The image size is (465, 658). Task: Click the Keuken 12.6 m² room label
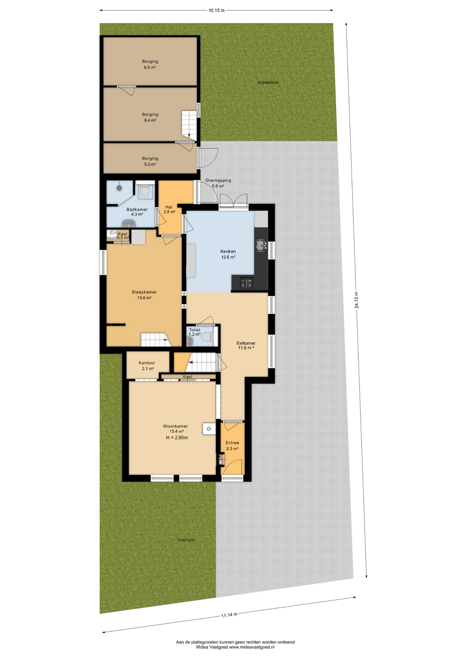pos(228,254)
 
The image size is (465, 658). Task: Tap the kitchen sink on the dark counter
pos(261,245)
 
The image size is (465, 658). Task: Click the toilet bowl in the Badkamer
pos(145,192)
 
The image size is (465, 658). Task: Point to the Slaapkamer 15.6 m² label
pos(144,295)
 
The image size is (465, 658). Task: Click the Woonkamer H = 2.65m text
pos(177,438)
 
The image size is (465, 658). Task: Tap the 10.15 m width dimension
pos(216,10)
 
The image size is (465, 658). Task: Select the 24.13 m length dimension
pos(356,300)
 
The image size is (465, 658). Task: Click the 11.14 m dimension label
pos(229,614)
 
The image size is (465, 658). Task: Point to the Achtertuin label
pos(268,83)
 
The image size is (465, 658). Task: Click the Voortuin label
pos(186,540)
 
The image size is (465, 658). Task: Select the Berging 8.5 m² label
pos(150,64)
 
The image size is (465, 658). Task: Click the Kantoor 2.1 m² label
pos(147,366)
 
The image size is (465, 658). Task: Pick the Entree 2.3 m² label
pos(232,446)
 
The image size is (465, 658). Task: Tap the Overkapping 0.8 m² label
pos(218,183)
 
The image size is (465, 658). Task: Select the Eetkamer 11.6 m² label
pos(246,345)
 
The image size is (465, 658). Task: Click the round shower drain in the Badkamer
pos(119,188)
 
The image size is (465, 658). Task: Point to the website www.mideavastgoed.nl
pos(252,647)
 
